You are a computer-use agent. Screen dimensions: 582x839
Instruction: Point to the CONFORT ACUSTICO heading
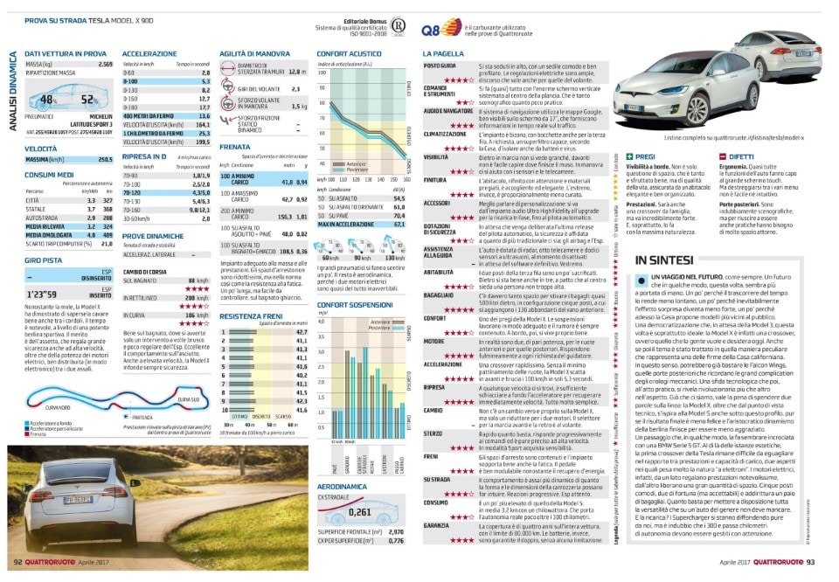click(x=348, y=54)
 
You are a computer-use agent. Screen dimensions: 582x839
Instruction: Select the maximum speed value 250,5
click(x=105, y=160)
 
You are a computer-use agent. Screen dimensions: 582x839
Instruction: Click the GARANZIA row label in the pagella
click(x=437, y=525)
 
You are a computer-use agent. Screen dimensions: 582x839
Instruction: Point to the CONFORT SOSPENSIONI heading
click(x=355, y=304)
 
